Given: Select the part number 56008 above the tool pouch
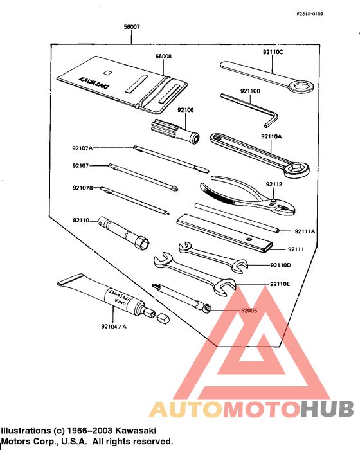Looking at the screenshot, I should [x=163, y=57].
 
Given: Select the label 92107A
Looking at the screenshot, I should [x=82, y=148].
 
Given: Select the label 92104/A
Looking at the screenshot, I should [x=114, y=327].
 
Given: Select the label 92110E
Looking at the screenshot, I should [x=280, y=283].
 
